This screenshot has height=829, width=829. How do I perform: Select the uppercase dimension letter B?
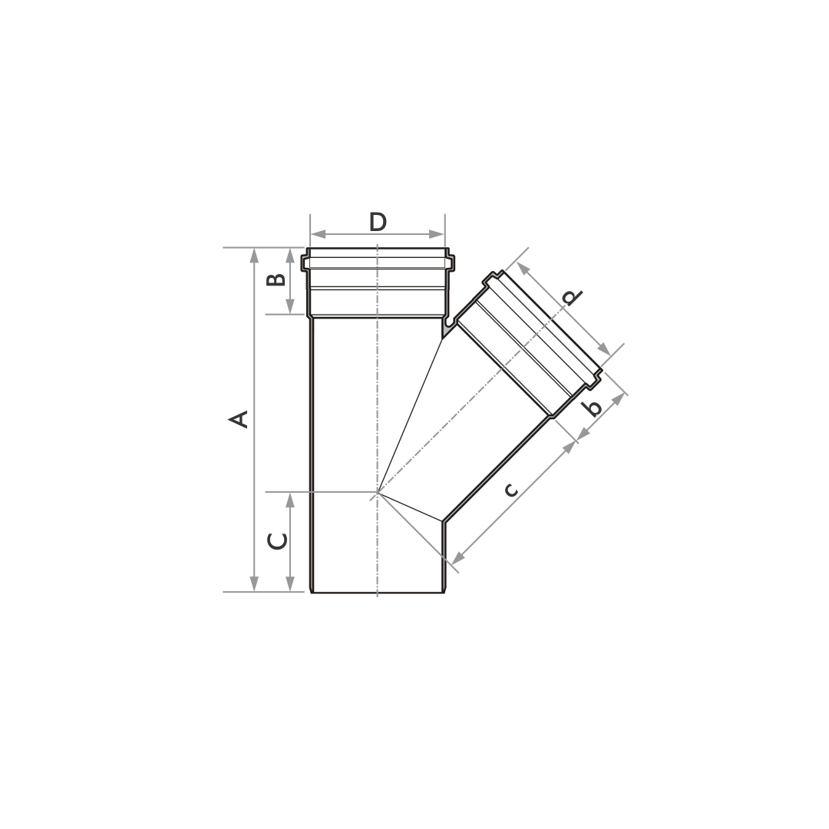(276, 279)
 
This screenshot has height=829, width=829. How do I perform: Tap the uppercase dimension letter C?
(277, 541)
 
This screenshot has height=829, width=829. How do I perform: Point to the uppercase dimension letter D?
(378, 223)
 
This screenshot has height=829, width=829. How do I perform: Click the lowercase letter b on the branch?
(593, 408)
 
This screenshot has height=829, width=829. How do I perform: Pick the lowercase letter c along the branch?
(510, 490)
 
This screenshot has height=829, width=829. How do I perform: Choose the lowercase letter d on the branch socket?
(572, 298)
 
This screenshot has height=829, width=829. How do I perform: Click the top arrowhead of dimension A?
(254, 256)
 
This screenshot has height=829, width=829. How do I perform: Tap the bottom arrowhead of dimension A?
(254, 583)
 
